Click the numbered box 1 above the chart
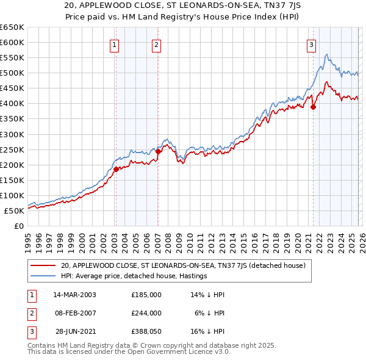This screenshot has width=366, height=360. pyautogui.click(x=115, y=44)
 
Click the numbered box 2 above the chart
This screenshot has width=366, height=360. pyautogui.click(x=157, y=44)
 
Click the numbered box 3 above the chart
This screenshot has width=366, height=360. pyautogui.click(x=311, y=44)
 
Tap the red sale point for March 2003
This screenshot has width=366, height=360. pyautogui.click(x=116, y=169)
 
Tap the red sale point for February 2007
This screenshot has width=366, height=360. pyautogui.click(x=158, y=151)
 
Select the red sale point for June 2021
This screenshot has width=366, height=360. pyautogui.click(x=314, y=107)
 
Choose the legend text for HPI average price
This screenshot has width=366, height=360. pyautogui.click(x=134, y=276)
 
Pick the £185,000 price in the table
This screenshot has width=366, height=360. pyautogui.click(x=146, y=294)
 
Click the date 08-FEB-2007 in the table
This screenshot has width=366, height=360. pyautogui.click(x=75, y=312)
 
